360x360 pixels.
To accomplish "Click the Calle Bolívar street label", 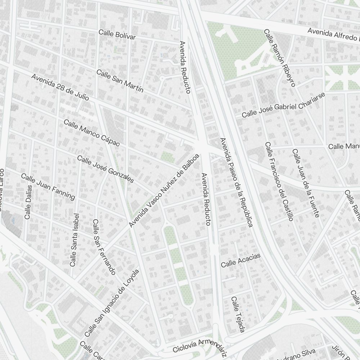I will click(x=117, y=35).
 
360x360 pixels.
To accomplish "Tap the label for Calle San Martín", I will click(x=120, y=81).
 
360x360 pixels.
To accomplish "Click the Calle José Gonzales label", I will click(x=105, y=170).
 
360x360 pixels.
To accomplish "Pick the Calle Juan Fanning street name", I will click(x=48, y=186).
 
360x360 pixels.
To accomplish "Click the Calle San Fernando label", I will click(x=104, y=247).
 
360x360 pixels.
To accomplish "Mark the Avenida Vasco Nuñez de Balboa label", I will click(x=164, y=190).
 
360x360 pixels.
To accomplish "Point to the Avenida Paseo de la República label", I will click(x=236, y=182).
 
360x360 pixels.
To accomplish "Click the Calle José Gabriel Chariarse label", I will click(x=283, y=105).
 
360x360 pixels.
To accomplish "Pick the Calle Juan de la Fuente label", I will click(x=306, y=183).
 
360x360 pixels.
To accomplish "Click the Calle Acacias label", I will click(x=240, y=260).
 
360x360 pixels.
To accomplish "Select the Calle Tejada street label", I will click(x=238, y=314).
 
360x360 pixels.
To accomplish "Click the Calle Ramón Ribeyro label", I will click(x=280, y=58).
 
